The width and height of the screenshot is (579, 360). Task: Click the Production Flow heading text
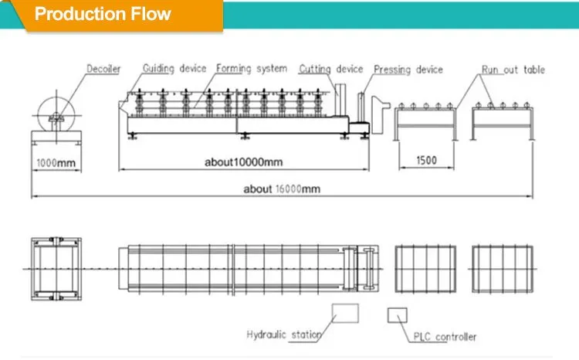click(103, 14)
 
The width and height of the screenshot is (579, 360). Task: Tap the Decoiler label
click(103, 69)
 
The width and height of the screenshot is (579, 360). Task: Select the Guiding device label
click(174, 69)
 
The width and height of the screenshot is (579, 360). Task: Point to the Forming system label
click(252, 69)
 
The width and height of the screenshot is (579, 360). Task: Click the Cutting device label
click(331, 69)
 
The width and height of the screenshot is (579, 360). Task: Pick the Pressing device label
click(408, 70)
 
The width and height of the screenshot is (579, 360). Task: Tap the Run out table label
click(513, 70)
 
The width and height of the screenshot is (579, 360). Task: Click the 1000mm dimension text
click(56, 163)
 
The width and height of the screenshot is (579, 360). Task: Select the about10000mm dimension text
click(244, 162)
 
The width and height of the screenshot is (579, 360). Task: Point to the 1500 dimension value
click(426, 161)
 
